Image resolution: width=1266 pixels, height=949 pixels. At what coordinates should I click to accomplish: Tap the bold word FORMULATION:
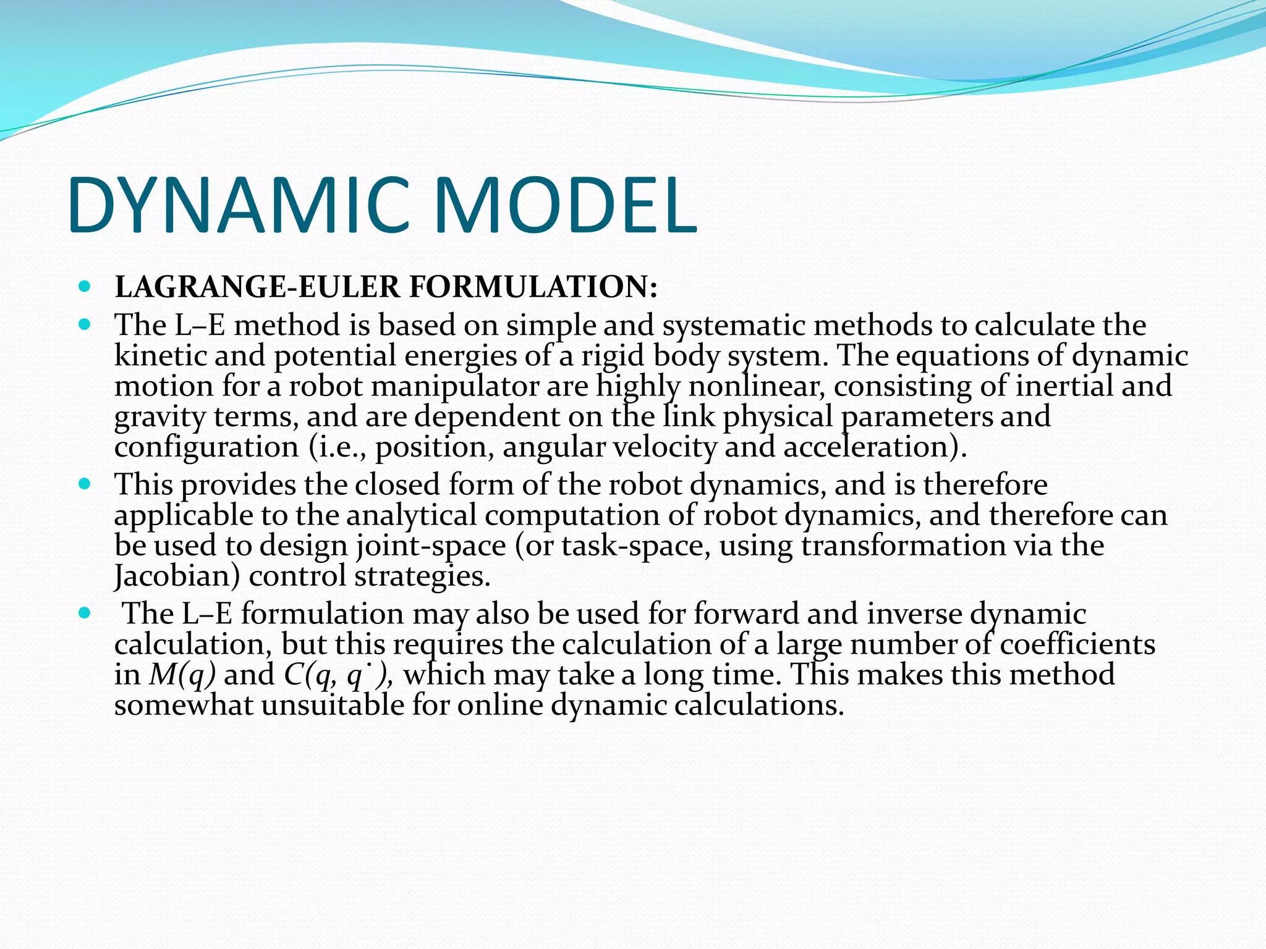click(533, 287)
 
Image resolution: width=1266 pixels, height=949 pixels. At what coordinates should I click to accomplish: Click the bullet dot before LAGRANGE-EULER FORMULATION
click(85, 287)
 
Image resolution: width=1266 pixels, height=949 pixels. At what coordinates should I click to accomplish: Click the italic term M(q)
click(182, 674)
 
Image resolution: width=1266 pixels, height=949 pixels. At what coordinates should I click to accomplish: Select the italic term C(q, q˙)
click(338, 674)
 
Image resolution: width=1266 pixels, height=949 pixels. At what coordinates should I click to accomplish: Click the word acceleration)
click(875, 447)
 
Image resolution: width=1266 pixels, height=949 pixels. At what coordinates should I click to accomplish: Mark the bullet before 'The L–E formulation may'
click(85, 613)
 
